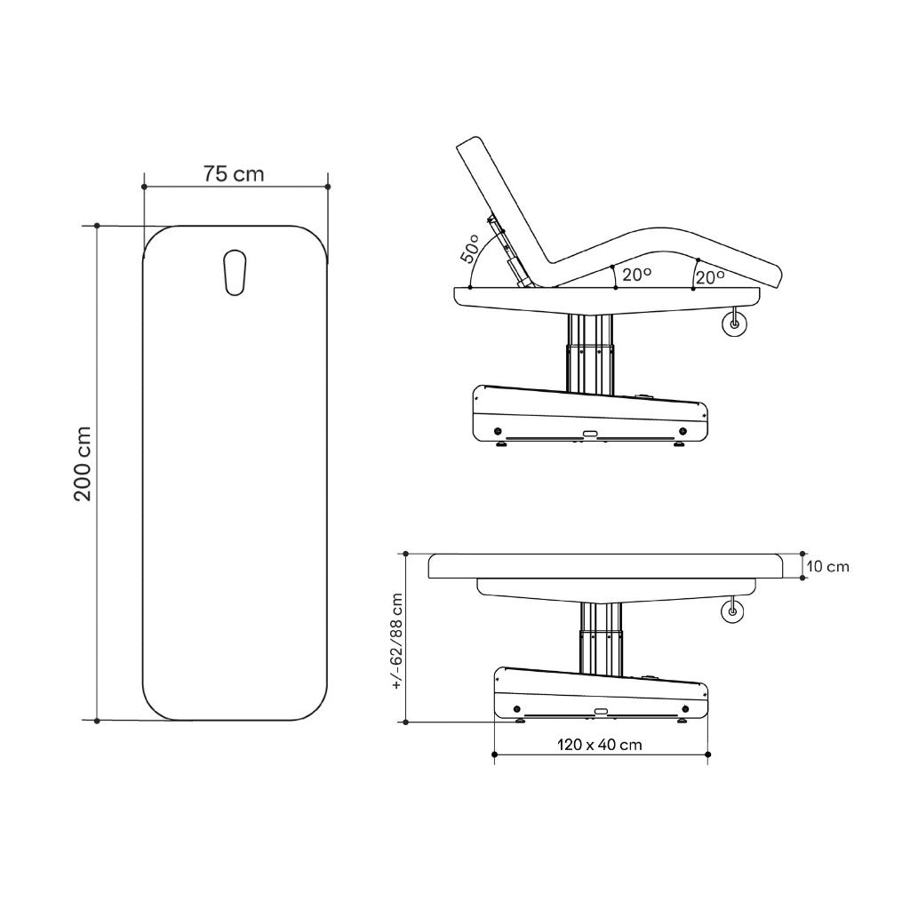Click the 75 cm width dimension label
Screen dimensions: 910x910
[x=234, y=173]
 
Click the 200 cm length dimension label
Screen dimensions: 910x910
[x=83, y=464]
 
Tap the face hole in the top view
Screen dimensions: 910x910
[x=235, y=272]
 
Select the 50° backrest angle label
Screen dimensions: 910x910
[x=470, y=249]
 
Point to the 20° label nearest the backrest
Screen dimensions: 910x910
[x=636, y=274]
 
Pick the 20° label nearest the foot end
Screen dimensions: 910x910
[x=710, y=277]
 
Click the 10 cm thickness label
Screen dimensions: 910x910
[x=828, y=566]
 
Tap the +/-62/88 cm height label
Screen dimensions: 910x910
[x=397, y=641]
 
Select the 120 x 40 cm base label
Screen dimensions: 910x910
[x=600, y=745]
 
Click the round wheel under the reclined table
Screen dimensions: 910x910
[x=734, y=324]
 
